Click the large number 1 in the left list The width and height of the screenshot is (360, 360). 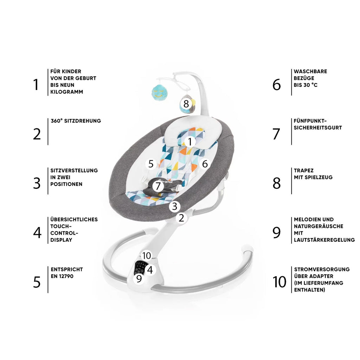36,85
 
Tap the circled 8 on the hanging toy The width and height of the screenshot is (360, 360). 186,104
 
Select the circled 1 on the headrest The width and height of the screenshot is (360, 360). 189,142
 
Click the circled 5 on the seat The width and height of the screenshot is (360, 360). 151,164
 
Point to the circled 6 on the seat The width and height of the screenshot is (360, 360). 205,164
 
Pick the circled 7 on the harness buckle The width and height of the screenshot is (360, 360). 158,186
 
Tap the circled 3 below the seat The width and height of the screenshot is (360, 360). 174,206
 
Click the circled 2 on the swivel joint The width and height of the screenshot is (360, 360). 181,218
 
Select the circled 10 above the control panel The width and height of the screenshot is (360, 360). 147,256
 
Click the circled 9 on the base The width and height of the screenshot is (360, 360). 139,278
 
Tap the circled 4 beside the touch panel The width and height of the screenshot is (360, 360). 150,270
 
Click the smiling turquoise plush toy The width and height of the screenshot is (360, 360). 159,92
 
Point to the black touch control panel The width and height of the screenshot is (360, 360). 140,268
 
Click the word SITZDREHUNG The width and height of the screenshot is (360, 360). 82,121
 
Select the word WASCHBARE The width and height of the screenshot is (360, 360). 310,71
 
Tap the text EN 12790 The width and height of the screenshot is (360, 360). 62,276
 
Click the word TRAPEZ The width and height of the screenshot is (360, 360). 303,171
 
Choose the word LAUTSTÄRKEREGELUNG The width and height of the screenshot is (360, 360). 324,240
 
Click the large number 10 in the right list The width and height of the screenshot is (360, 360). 279,282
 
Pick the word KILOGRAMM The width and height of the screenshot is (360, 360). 66,92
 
